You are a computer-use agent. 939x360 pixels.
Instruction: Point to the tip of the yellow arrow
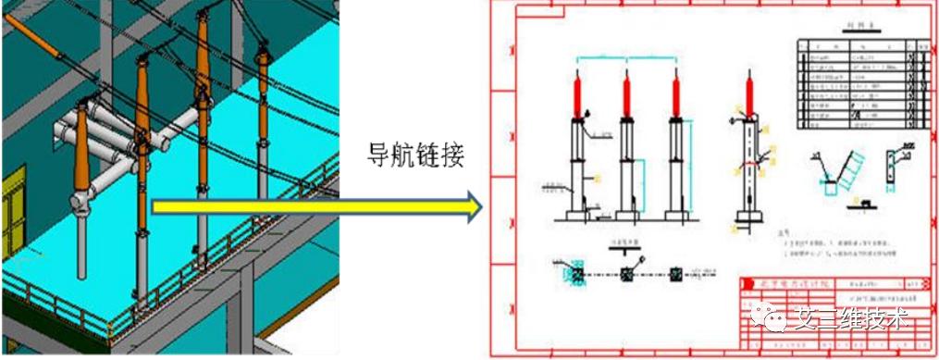(x=481, y=206)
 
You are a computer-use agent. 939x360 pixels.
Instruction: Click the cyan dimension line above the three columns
(x=626, y=58)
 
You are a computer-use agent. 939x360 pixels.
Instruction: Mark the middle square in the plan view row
(x=626, y=274)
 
